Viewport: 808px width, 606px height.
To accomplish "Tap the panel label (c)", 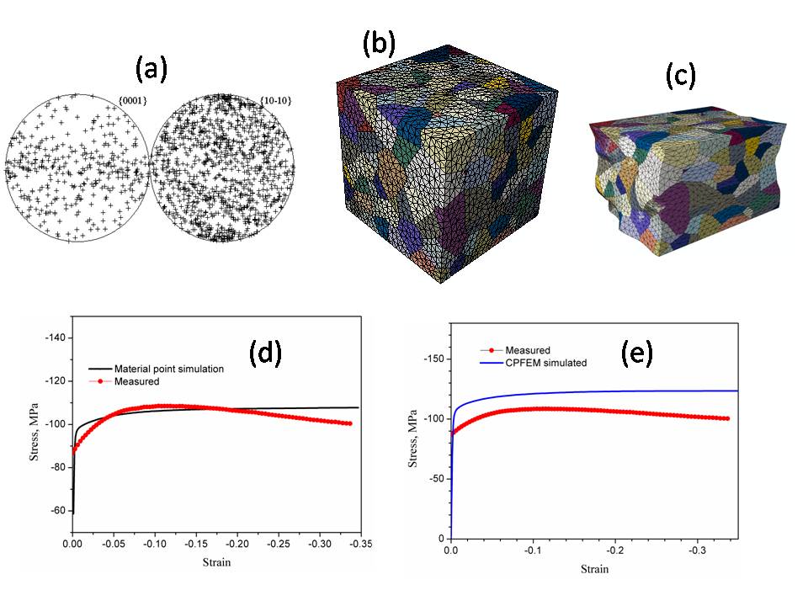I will point(680,76).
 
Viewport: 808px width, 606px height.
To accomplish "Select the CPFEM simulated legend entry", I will point(533,363).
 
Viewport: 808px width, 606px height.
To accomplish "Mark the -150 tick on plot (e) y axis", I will point(433,359).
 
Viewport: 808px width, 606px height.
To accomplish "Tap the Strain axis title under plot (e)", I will point(594,569).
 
